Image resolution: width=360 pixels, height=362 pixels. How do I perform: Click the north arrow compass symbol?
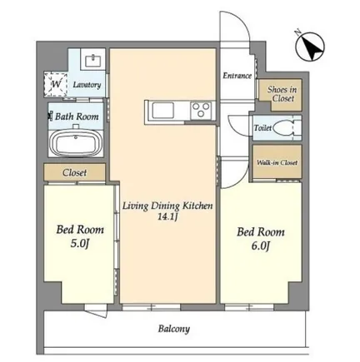310,47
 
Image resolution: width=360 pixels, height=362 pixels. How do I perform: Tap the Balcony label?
174,329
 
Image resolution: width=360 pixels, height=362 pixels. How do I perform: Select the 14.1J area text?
167,216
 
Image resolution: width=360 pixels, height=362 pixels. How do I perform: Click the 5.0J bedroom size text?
80,243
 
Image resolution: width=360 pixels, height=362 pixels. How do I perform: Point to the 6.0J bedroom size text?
261,245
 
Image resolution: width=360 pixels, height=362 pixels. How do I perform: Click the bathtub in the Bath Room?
76,143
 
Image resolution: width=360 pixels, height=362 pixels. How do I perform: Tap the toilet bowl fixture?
282,128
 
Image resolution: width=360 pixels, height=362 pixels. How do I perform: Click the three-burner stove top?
201,110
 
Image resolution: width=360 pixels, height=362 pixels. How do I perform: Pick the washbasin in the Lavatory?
92,61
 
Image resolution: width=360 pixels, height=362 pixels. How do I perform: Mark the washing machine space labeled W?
55,84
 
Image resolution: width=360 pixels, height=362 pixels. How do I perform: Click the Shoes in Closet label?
282,94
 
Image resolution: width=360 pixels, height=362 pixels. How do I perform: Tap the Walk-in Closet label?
277,162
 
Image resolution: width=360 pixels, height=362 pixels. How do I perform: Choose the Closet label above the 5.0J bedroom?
74,172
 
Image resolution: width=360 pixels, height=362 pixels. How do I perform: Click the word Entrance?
237,76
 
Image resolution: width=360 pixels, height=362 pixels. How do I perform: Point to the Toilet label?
262,128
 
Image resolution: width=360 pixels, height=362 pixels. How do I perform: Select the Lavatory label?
87,85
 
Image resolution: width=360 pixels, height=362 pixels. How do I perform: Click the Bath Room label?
77,117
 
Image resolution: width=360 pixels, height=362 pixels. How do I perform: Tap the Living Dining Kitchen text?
167,206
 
